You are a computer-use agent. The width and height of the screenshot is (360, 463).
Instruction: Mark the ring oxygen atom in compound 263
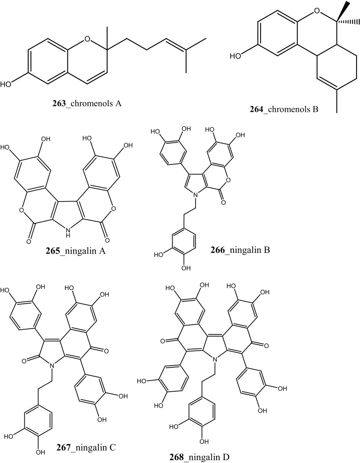(x=88, y=40)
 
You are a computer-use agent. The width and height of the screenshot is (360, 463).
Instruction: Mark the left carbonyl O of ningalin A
(x=29, y=242)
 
